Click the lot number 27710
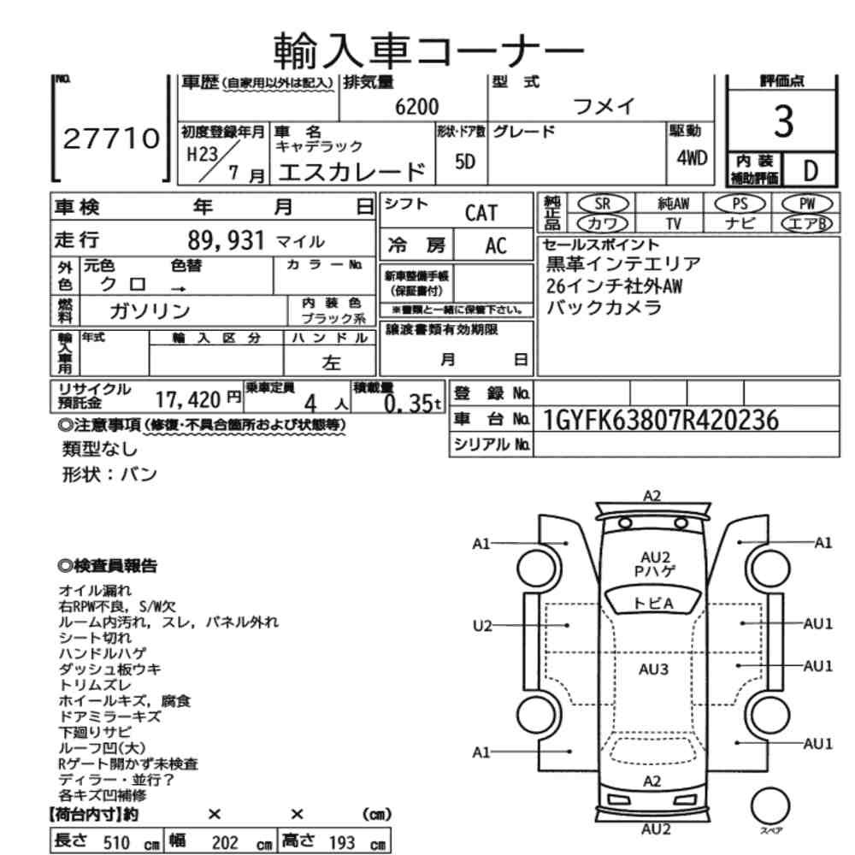(111, 139)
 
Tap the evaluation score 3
(783, 121)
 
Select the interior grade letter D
(811, 171)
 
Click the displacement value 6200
(416, 107)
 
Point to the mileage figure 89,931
(227, 240)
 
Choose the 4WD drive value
(692, 158)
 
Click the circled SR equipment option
(603, 204)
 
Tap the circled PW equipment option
(807, 204)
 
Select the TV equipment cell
(673, 223)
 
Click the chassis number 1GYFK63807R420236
(660, 421)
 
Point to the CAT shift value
(481, 213)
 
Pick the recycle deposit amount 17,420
(188, 400)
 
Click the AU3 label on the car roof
(653, 669)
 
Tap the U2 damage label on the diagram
(482, 626)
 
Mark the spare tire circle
(770, 806)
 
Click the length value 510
(116, 842)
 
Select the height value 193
(342, 842)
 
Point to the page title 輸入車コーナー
(428, 50)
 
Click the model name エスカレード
(351, 172)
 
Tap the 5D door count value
(464, 162)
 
